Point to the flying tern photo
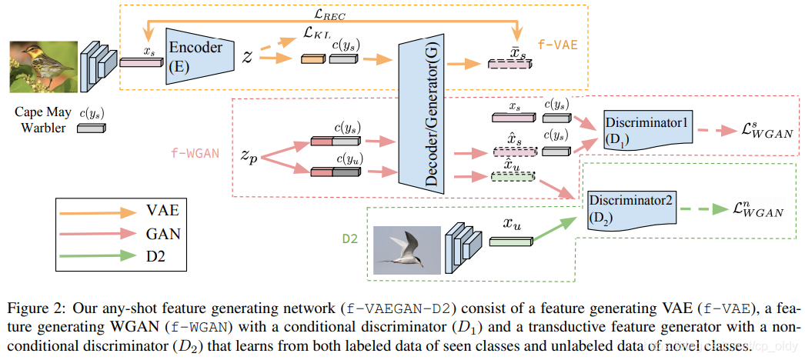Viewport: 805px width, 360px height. tap(406, 249)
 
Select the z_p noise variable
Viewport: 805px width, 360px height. tap(249, 154)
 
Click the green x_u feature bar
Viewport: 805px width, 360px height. tap(505, 241)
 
